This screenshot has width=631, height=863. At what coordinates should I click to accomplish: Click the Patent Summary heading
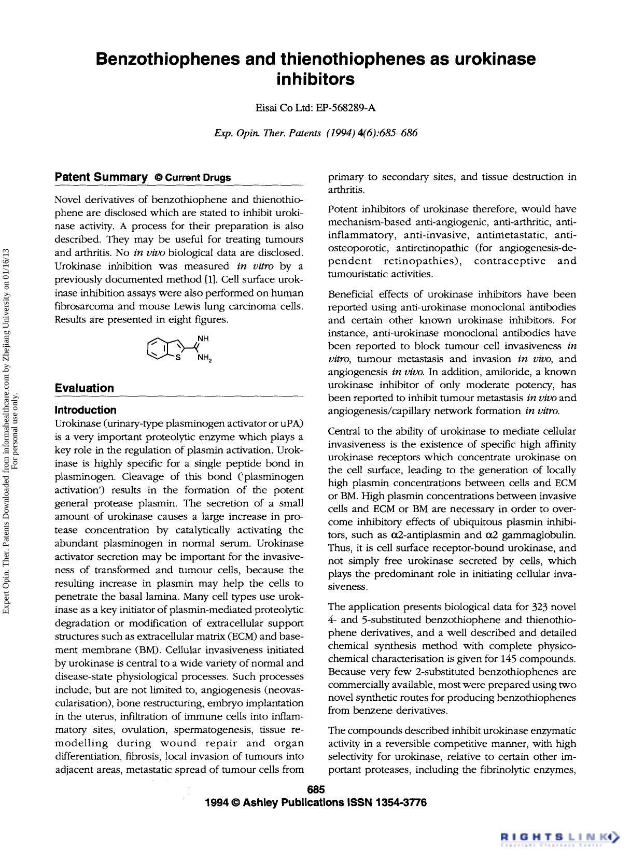[101, 177]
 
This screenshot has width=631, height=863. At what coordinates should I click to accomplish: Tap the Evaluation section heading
[84, 388]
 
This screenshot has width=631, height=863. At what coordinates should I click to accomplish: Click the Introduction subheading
[86, 410]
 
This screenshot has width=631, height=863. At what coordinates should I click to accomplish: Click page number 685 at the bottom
[315, 789]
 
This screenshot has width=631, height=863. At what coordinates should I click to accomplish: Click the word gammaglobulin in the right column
[543, 535]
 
